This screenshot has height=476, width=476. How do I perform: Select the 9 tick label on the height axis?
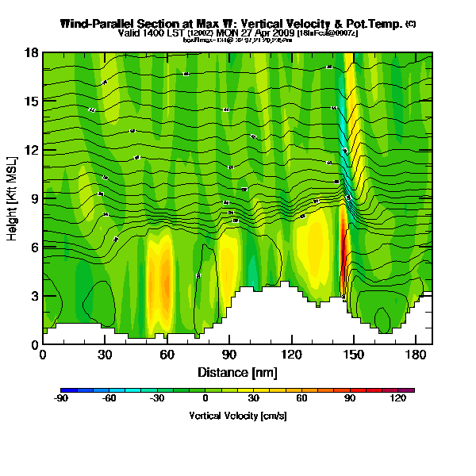(x=34, y=198)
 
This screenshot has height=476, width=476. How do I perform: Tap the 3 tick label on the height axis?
(x=34, y=296)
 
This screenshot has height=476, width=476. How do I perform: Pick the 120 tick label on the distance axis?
(x=291, y=354)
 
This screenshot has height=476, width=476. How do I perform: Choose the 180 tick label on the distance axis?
(x=416, y=354)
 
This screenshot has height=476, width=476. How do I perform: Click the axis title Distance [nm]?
(x=237, y=371)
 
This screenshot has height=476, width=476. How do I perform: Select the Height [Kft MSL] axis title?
(x=13, y=198)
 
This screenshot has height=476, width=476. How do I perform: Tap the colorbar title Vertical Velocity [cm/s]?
(x=237, y=415)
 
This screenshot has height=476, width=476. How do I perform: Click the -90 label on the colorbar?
(x=60, y=399)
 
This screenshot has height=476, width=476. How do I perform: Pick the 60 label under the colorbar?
(x=301, y=399)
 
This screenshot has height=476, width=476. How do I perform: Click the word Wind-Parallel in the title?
(x=103, y=25)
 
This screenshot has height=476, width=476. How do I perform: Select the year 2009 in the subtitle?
(x=282, y=33)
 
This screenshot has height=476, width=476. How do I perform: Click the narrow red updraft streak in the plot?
(x=343, y=254)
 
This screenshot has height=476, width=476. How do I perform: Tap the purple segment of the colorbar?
(x=408, y=390)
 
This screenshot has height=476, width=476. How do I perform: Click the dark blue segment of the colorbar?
(x=67, y=390)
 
